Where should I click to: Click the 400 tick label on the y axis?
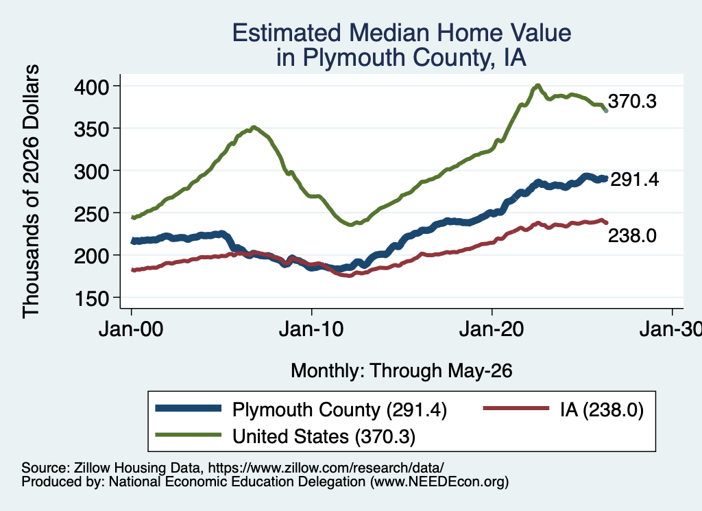coord(91,86)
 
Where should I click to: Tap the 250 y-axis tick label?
coord(91,213)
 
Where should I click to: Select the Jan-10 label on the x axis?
coord(311,330)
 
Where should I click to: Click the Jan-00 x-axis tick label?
coord(131,330)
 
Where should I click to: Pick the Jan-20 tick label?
coord(492,330)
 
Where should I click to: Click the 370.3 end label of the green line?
coord(632,102)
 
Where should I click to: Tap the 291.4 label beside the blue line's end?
coord(635,180)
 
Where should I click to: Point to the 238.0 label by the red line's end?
coord(632,235)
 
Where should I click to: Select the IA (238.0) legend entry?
coord(602,409)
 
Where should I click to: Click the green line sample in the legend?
coord(189,435)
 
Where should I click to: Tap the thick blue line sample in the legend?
coord(189,408)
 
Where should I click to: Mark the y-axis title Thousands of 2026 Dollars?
coord(31,191)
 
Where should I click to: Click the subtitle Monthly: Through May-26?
coord(402,371)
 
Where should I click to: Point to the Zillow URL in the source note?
coord(326,468)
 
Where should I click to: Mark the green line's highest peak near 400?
coord(537,85)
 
